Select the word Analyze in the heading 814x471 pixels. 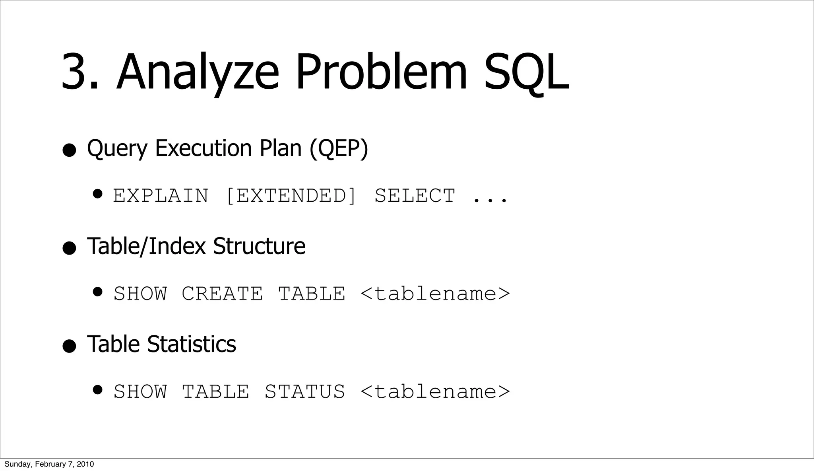point(197,72)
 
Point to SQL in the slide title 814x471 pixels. point(526,72)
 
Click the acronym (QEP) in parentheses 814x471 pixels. point(339,148)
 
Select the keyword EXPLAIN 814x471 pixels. point(161,196)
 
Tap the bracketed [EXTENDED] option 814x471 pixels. point(291,196)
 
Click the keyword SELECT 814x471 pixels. point(415,196)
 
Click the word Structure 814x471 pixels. point(259,246)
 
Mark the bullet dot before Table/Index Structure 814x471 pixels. point(69,248)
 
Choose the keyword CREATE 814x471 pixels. point(222,294)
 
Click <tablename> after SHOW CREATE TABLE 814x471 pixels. point(435,294)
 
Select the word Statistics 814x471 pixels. point(192,344)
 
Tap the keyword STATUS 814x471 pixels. point(305,391)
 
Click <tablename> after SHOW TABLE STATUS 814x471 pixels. point(435,391)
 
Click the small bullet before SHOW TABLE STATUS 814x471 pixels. point(98,390)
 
